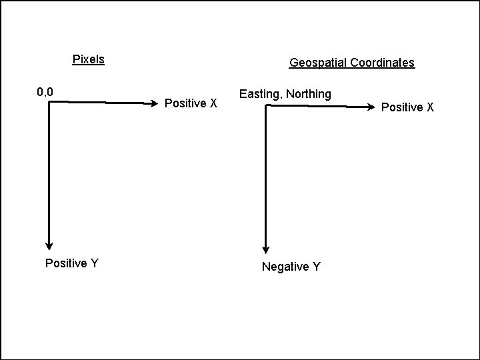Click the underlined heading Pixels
pyautogui.click(x=88, y=59)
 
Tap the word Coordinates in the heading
pyautogui.click(x=383, y=63)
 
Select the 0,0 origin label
pyautogui.click(x=45, y=91)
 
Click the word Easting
pyautogui.click(x=260, y=94)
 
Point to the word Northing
pyautogui.click(x=309, y=94)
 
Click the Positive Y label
pyautogui.click(x=71, y=263)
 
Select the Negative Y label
pyautogui.click(x=291, y=267)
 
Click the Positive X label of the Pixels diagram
pyautogui.click(x=191, y=103)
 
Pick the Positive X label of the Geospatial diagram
pyautogui.click(x=407, y=107)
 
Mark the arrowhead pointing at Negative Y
pyautogui.click(x=266, y=249)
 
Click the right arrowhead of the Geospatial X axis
pyautogui.click(x=371, y=107)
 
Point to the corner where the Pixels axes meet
pyautogui.click(x=49, y=102)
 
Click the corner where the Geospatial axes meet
pyautogui.click(x=266, y=105)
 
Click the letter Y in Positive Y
pyautogui.click(x=95, y=263)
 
